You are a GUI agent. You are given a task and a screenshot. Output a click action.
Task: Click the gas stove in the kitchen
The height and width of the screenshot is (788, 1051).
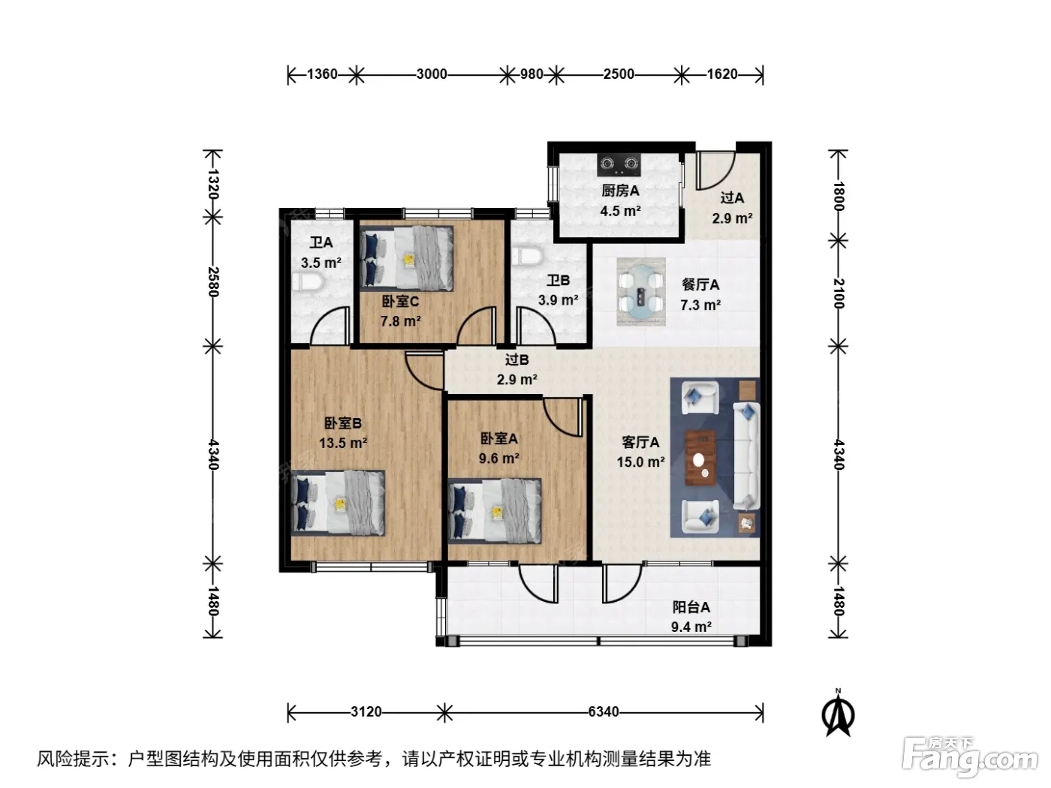(619, 164)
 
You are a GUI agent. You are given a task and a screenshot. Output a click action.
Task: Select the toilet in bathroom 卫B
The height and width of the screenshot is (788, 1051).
(527, 255)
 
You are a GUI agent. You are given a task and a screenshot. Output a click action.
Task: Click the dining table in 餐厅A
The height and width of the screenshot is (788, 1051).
(640, 292)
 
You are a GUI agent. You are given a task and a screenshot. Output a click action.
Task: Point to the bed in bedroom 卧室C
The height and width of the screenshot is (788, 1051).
(407, 258)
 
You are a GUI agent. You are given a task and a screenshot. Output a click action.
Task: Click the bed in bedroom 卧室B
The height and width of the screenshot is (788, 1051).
(338, 503)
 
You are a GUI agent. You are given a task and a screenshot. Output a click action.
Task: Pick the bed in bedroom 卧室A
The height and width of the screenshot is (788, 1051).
(495, 511)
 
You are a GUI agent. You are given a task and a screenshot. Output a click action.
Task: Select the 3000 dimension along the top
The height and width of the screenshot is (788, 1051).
(432, 74)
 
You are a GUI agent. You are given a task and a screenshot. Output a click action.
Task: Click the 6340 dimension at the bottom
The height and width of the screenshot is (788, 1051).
(604, 712)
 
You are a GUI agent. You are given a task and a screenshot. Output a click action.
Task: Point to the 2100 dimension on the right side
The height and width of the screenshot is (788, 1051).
(839, 293)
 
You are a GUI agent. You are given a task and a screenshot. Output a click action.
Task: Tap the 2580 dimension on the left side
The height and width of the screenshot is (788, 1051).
(213, 282)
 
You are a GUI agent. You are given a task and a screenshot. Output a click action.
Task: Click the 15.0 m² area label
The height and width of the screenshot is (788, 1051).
(640, 462)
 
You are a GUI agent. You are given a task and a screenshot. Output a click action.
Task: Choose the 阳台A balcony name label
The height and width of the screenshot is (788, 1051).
(691, 607)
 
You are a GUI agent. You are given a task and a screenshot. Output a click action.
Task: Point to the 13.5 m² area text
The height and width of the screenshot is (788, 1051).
(343, 443)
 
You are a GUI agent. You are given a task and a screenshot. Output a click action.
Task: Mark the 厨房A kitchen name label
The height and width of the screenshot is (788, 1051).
(621, 191)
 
